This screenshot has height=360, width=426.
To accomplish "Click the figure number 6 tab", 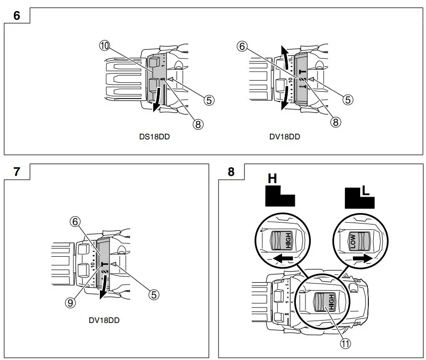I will click(17, 15).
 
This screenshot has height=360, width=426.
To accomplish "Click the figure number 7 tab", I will click(17, 172).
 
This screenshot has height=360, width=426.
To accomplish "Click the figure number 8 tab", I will click(231, 172).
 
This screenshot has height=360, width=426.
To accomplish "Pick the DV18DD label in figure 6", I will click(284, 137).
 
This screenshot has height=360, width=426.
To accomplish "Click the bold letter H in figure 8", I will click(272, 179).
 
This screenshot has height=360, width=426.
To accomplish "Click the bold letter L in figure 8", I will click(365, 190).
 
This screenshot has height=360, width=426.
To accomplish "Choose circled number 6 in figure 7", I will click(74, 223).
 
